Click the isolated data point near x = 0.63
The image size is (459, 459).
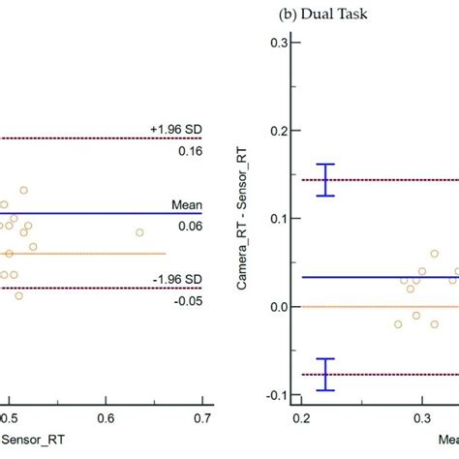pyautogui.click(x=139, y=232)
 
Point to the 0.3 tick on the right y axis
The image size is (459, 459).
pyautogui.click(x=278, y=43)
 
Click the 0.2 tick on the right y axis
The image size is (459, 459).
pyautogui.click(x=278, y=131)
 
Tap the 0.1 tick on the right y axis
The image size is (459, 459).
pyautogui.click(x=278, y=219)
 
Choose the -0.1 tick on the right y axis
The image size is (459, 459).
pyautogui.click(x=276, y=395)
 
